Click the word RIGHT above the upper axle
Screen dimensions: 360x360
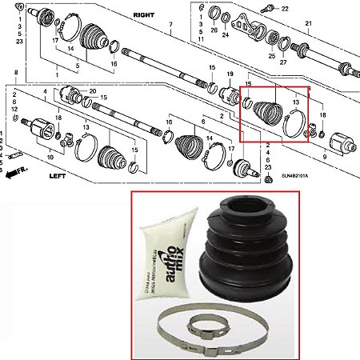point(143,14)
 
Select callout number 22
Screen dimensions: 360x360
point(285,7)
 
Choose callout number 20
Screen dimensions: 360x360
point(93,91)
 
